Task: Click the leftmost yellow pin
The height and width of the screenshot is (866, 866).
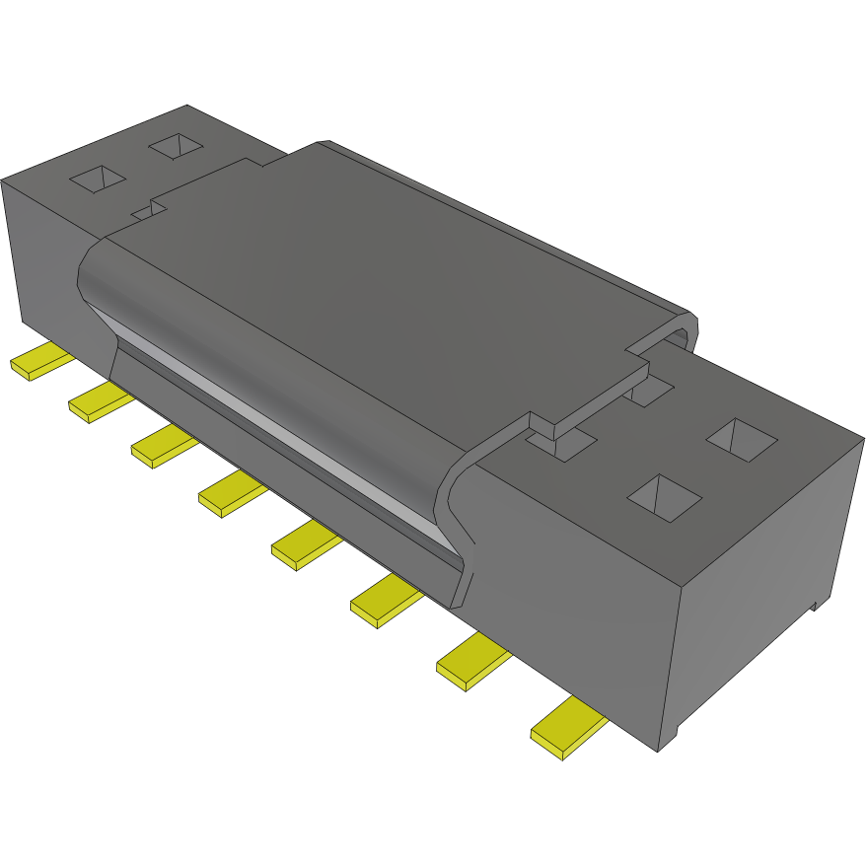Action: [39, 363]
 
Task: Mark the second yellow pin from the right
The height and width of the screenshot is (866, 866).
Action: [472, 660]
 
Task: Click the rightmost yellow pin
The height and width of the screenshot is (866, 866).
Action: [568, 728]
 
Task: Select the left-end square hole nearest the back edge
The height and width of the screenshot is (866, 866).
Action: [177, 146]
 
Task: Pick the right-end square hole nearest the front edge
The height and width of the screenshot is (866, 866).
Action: [664, 497]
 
